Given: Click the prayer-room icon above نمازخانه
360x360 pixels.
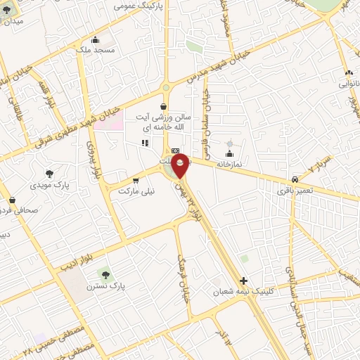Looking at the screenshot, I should [x=229, y=153].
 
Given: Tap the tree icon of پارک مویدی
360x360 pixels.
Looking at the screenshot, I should [x=49, y=174].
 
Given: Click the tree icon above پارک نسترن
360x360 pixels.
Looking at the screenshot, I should [x=105, y=274].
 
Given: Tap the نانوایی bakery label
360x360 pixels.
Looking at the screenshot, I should [x=349, y=83].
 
